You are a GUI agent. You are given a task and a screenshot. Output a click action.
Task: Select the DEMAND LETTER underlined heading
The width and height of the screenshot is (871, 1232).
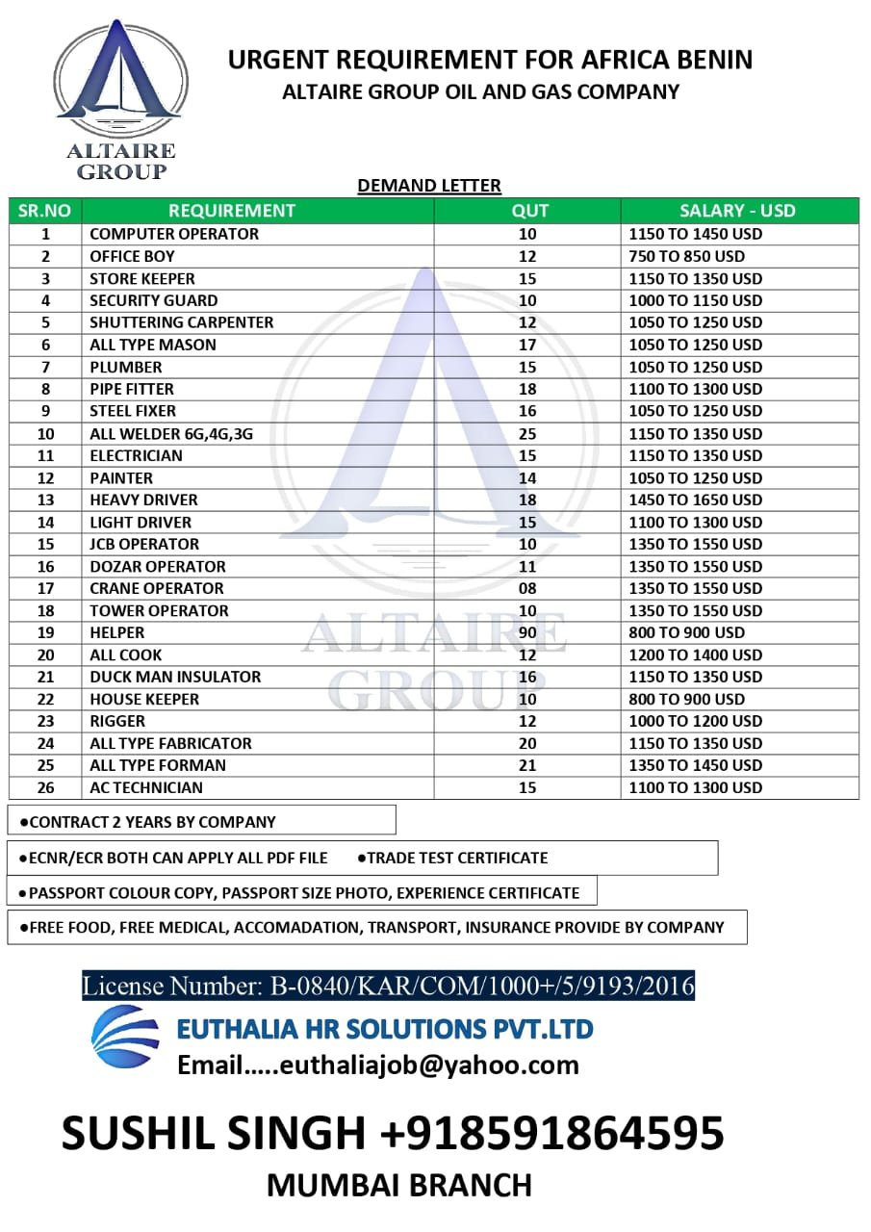point(429,186)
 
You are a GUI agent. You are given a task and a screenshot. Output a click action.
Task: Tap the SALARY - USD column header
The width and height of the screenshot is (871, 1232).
point(737,211)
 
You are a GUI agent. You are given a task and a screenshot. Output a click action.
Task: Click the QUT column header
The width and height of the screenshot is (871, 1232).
point(529,211)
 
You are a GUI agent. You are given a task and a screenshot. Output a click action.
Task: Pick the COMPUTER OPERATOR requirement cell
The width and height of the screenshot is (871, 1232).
point(174,234)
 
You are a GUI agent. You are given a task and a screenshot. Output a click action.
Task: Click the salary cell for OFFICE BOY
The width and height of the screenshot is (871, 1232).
point(686,256)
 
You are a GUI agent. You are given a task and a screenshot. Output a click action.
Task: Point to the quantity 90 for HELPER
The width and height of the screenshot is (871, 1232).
point(527,632)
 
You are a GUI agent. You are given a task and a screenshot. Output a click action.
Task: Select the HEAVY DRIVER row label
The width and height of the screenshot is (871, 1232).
point(143,500)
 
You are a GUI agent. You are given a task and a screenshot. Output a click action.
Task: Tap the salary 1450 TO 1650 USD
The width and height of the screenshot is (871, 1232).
point(695,500)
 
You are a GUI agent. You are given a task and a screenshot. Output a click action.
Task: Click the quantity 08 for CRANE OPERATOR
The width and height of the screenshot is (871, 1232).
point(527,588)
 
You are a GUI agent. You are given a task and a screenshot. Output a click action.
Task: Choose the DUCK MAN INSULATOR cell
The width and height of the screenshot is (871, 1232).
point(175,677)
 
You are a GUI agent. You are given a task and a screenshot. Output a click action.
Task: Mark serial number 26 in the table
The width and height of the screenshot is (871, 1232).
point(46,787)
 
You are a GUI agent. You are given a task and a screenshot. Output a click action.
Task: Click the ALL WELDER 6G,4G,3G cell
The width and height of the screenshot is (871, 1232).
point(171,433)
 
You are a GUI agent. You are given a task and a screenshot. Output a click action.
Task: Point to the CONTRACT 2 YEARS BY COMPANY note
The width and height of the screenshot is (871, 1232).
point(152,822)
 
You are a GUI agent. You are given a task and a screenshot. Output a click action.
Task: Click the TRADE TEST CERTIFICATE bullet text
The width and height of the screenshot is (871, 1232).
point(457,858)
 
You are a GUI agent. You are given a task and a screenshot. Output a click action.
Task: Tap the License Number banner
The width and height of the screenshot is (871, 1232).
point(388,986)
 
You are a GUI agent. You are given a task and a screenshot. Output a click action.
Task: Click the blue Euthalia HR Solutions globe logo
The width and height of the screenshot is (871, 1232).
point(125,1036)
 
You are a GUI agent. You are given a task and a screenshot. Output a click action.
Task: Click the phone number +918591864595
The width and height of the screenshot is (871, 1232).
point(552,1133)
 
